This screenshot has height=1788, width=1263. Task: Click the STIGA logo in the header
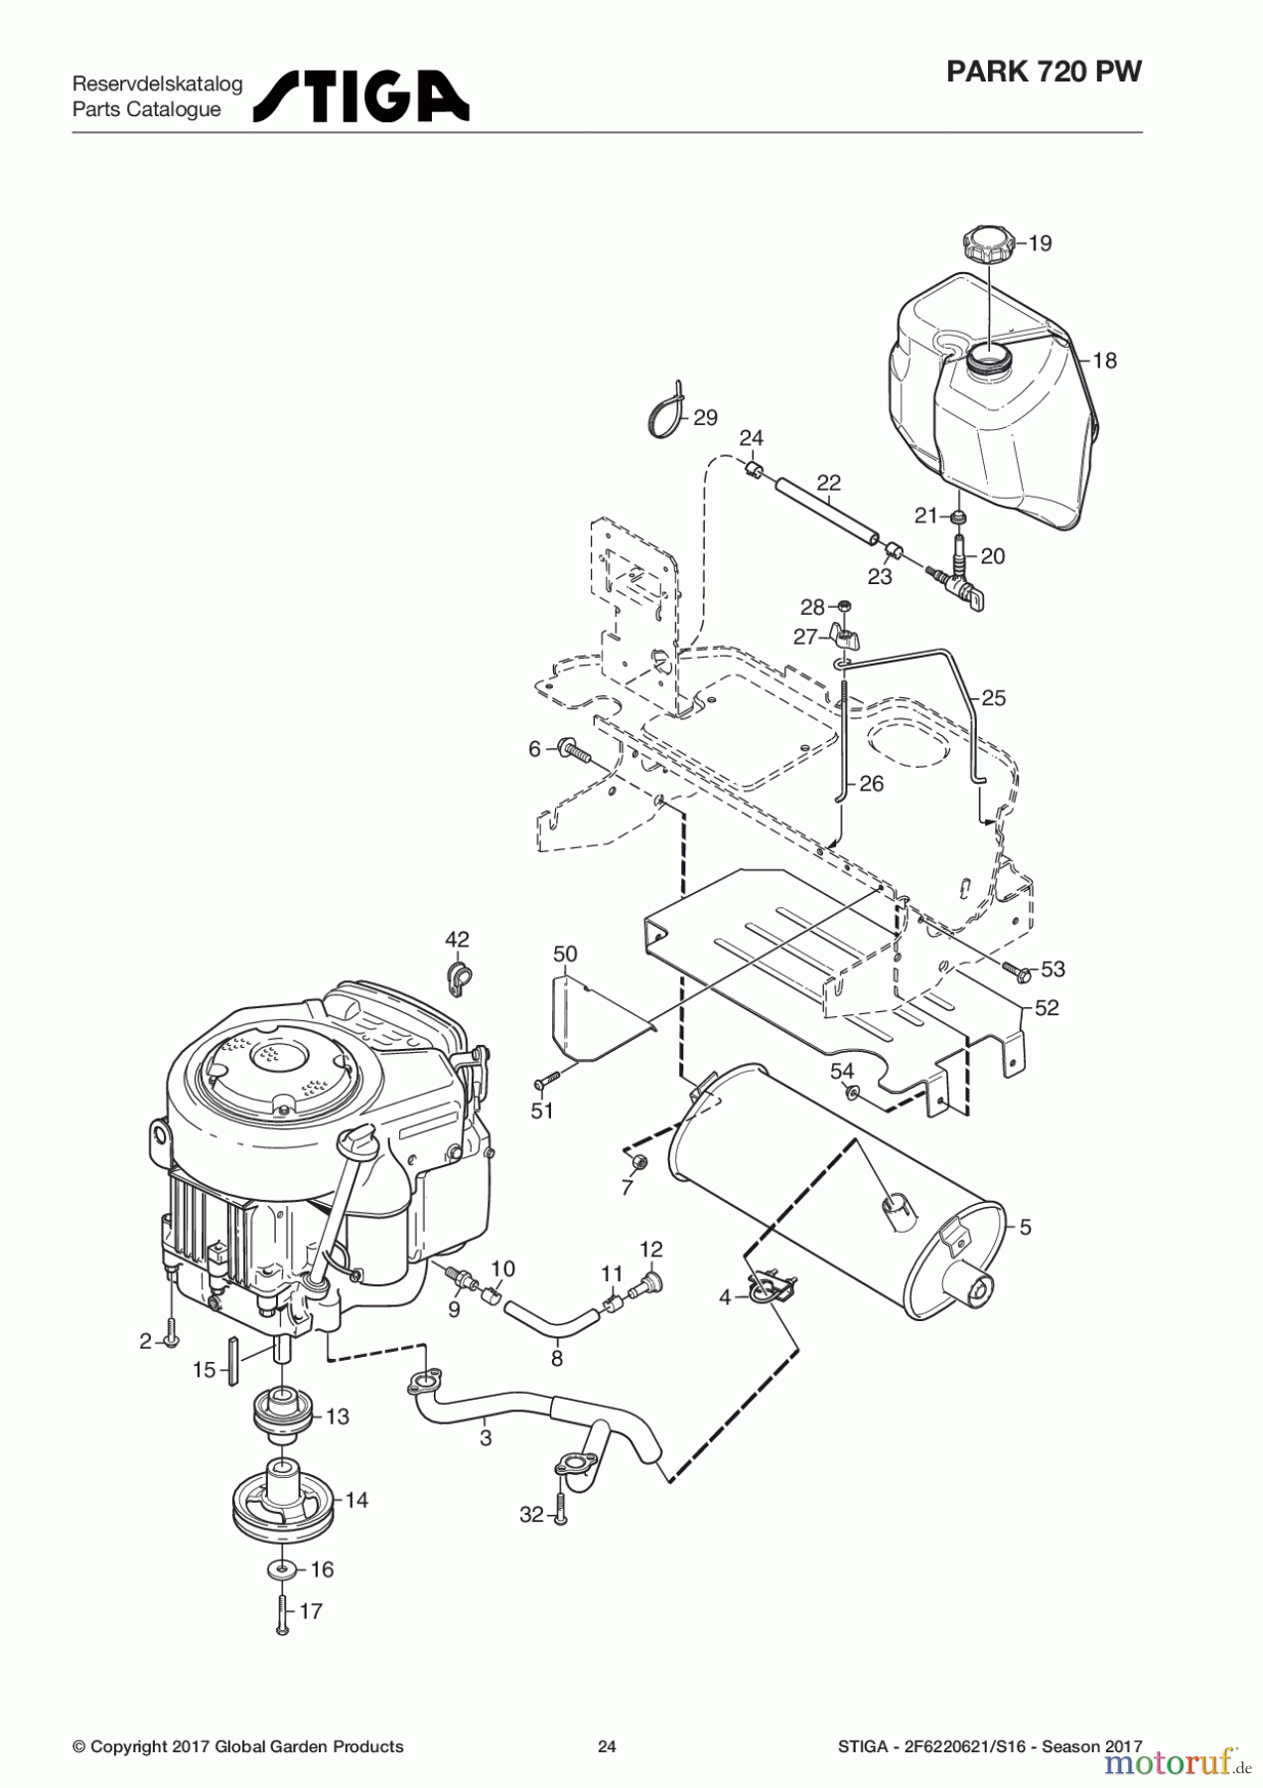pos(361,96)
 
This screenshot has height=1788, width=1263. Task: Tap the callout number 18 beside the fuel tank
pos(1104,361)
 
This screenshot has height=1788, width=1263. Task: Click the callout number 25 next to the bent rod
pos(994,698)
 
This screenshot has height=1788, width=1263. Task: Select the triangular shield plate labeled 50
pos(584,1023)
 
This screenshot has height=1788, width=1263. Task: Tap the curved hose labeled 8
pos(552,1323)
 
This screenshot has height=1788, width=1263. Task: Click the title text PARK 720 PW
pos(1044,72)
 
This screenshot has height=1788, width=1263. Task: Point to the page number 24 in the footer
pos(607,1746)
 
